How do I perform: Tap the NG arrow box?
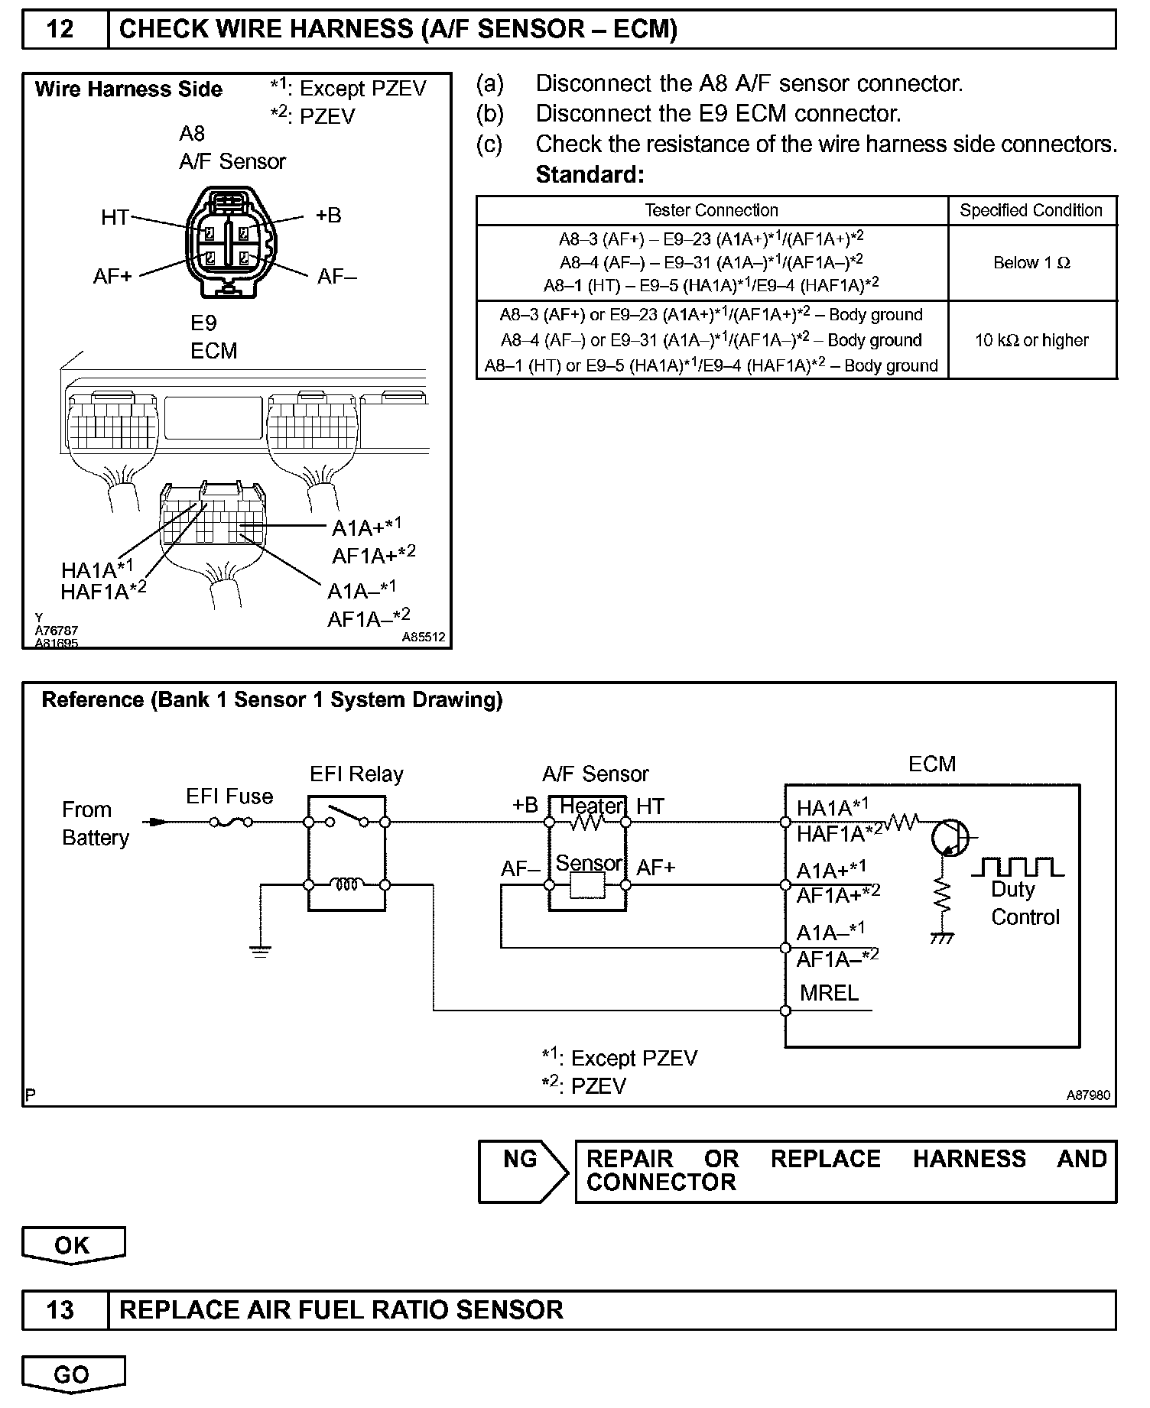tap(522, 1171)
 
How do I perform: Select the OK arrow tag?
tap(73, 1245)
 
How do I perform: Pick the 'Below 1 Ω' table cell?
tap(1031, 263)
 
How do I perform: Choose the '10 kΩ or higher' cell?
tap(1031, 340)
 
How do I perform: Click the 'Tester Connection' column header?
tap(711, 210)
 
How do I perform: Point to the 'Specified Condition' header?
tap(1031, 210)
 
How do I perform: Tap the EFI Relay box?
tap(346, 853)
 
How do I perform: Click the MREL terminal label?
tap(829, 993)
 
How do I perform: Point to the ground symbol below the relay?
tap(260, 952)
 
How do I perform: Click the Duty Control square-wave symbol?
tap(1017, 867)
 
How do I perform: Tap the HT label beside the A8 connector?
tap(115, 218)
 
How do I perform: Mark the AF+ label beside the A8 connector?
tap(112, 276)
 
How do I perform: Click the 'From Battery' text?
tap(95, 824)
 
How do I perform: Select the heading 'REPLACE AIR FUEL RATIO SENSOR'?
tap(341, 1309)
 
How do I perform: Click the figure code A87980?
tap(1088, 1095)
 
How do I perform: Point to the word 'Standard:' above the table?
tap(590, 175)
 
